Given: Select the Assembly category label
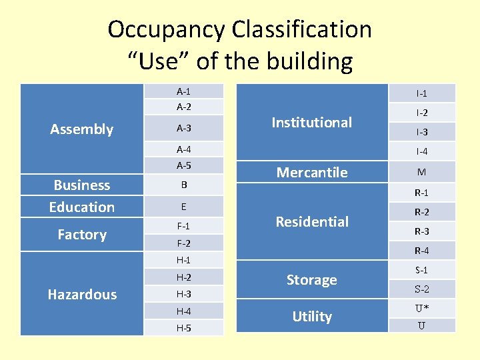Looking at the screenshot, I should pos(82,129).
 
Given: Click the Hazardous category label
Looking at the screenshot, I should pos(83,294).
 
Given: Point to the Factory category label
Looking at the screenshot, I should pos(82,234).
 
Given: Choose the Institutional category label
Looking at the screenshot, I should pos(312,122).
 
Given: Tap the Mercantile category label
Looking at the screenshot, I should pos(312,172).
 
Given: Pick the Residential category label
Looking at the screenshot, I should pos(312,221).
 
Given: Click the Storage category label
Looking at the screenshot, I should pos(312,280).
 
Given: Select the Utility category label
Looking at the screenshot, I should pos(312,316).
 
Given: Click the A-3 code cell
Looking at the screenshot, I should pos(183,128).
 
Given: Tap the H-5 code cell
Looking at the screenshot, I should pos(183,328).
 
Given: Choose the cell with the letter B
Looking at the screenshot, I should pos(183,185).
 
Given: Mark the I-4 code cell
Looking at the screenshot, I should pos(421,151).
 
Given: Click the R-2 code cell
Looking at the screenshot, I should pos(421,213).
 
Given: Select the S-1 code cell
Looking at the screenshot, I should pos(421,270).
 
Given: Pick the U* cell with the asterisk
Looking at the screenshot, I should pos(421,309).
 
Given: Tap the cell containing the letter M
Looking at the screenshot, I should pos(421,172).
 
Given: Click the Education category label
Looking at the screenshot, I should pos(82,207).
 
